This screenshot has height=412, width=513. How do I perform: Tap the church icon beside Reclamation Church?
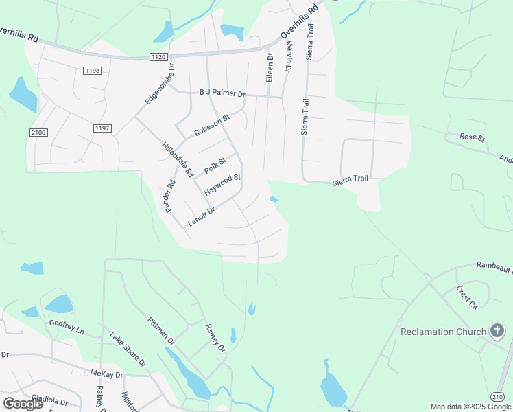click(x=497, y=332)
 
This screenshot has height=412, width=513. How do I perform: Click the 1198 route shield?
click(x=93, y=71)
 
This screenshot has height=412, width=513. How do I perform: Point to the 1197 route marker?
click(x=102, y=128)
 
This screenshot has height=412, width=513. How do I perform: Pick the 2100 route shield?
click(x=38, y=132)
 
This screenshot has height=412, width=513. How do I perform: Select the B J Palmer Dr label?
click(x=222, y=93)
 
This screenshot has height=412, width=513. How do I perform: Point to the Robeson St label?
click(x=212, y=124)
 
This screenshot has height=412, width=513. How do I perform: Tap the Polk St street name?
click(x=215, y=165)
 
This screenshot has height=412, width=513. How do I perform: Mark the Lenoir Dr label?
click(x=202, y=216)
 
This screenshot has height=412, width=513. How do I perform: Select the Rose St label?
click(x=472, y=138)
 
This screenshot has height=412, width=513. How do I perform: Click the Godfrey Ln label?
click(x=67, y=327)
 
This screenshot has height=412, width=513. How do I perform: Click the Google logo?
click(x=23, y=403)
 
